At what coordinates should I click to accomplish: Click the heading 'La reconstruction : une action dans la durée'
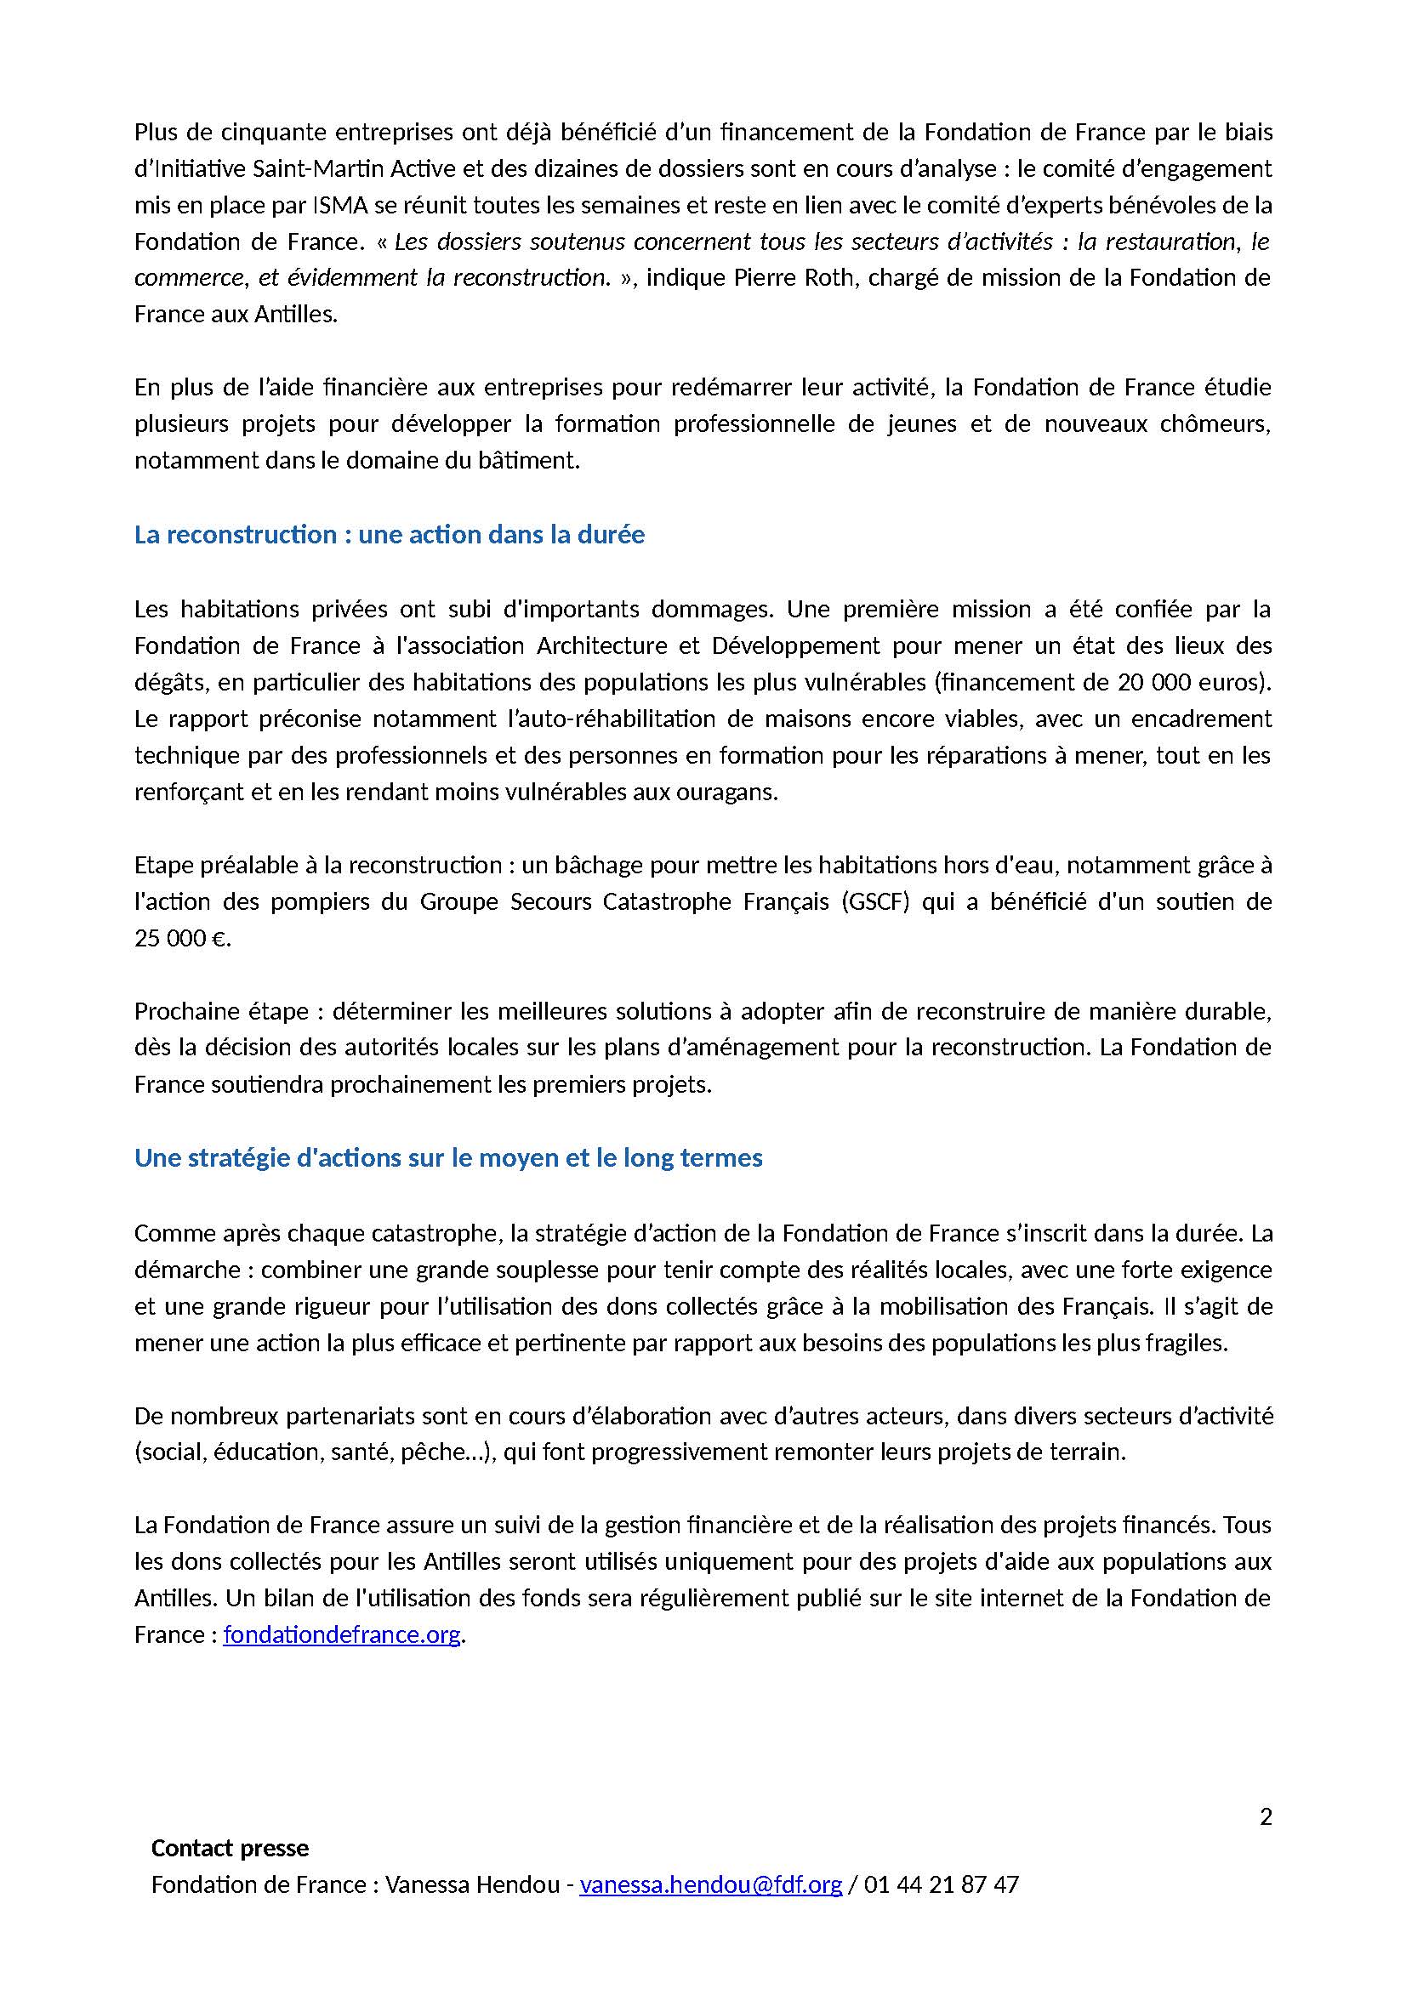point(389,535)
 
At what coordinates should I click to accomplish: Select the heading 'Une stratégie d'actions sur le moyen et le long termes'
point(448,1158)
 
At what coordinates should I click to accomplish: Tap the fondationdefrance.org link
point(341,1634)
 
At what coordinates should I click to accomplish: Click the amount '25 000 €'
point(181,938)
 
